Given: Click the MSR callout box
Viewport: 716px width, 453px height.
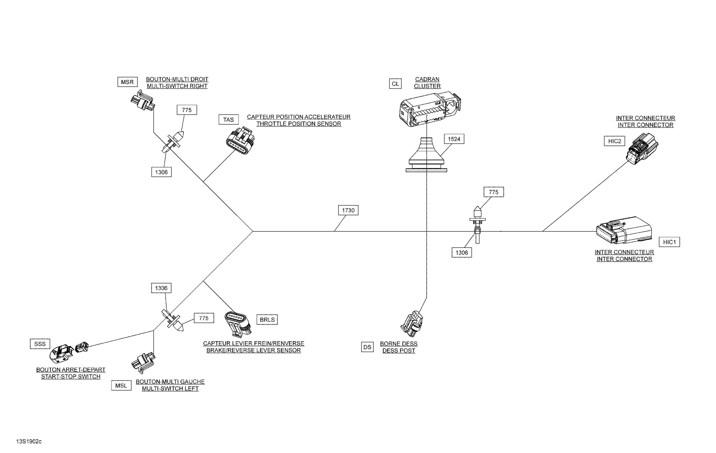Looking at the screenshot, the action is tap(127, 82).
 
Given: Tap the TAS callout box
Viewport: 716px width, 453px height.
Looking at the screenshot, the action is tap(229, 120).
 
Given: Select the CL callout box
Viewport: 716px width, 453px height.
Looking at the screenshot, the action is tap(395, 84).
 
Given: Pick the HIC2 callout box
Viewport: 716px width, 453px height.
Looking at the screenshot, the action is tap(615, 141).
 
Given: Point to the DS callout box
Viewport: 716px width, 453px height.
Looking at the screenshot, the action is tap(367, 347).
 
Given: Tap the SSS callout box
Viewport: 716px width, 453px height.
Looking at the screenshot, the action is tap(40, 344).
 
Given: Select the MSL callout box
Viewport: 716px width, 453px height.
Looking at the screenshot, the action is tap(121, 386).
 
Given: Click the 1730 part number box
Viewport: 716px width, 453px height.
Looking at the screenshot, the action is tap(348, 210).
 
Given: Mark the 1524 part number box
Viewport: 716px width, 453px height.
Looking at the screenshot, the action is tap(454, 139).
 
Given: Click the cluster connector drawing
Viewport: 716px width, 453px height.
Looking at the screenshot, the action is tap(430, 109).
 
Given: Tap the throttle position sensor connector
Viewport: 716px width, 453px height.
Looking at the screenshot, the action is tap(240, 140).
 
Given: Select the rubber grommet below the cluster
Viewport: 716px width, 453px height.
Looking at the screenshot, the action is tap(426, 155).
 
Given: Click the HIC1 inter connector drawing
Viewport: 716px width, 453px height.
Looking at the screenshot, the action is tap(624, 231).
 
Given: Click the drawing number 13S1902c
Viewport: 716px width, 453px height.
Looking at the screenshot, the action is tap(29, 441).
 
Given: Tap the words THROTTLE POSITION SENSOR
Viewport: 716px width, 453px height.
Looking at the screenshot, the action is tap(299, 124).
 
